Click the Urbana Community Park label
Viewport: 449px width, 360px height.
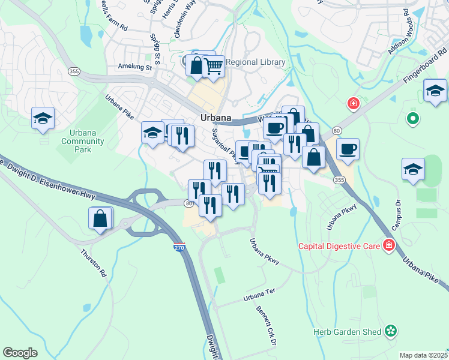83,141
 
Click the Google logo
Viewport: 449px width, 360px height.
20,352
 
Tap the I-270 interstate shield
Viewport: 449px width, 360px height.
178,247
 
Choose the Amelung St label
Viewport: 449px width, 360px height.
135,67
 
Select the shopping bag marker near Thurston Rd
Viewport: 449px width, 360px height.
100,219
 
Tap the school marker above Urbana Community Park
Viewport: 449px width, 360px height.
43,118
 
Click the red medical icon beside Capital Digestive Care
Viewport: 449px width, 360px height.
389,245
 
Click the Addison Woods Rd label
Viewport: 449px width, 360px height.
401,35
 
